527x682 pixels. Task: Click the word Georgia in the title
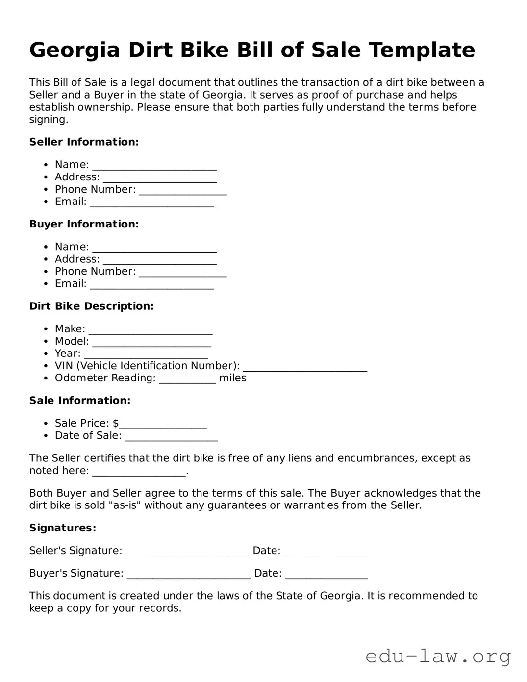(x=75, y=51)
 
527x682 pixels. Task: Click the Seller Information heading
(x=84, y=142)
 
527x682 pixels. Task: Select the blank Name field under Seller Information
(x=154, y=166)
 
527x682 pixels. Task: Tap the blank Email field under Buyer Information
(x=151, y=285)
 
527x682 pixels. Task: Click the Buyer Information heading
(x=84, y=224)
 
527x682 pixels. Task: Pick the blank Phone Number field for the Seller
(x=182, y=191)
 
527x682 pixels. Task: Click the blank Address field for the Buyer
(x=159, y=260)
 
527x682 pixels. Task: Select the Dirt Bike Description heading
(x=91, y=306)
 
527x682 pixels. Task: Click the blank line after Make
(x=151, y=330)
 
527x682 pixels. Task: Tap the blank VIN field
(x=305, y=367)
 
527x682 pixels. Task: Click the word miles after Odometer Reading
(x=232, y=378)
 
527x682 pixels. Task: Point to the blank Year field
(x=146, y=354)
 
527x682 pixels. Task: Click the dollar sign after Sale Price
(x=116, y=423)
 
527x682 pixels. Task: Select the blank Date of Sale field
(x=171, y=437)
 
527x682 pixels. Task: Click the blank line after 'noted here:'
(x=139, y=472)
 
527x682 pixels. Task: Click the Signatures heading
(x=63, y=528)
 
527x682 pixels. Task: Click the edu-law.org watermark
(x=438, y=656)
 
